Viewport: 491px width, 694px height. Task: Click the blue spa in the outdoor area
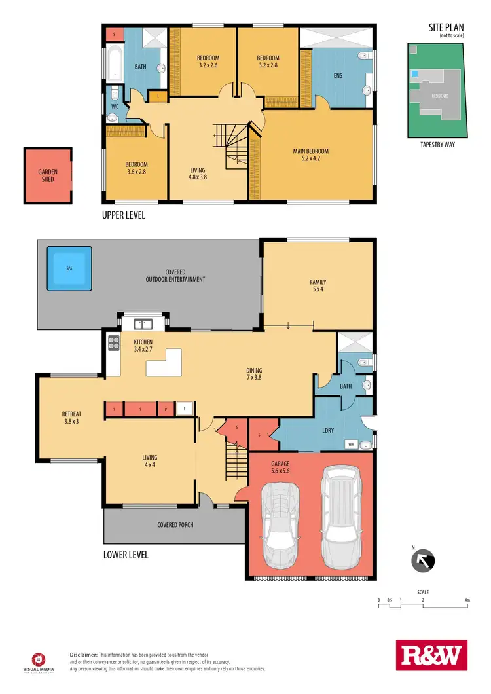coord(68,268)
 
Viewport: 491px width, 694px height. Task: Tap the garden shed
coord(48,175)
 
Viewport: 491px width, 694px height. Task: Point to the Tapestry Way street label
coord(438,145)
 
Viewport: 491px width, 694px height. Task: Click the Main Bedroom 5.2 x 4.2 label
coord(310,155)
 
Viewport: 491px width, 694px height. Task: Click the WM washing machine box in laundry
coord(351,444)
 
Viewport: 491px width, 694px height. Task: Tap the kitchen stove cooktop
coord(113,341)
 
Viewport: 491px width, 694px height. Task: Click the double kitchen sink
coord(143,323)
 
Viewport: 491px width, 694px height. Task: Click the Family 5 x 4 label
coord(318,285)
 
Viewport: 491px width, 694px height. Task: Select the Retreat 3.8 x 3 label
coord(71,418)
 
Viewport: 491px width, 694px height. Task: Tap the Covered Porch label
coord(175,525)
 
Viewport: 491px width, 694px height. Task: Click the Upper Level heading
coord(124,215)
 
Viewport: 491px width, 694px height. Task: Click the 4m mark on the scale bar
coord(467,600)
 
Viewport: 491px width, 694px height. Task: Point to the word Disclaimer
coord(84,655)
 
